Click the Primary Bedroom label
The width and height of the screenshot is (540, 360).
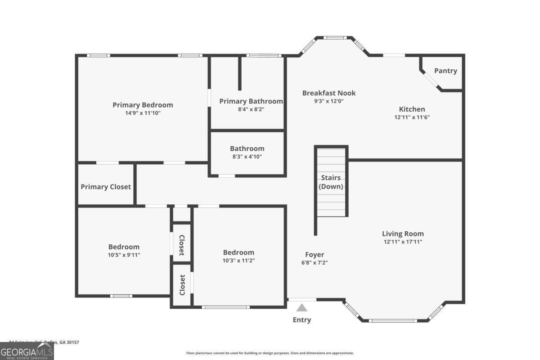143,105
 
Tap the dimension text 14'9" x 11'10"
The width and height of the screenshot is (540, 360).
143,113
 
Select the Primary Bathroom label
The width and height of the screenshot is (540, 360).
251,101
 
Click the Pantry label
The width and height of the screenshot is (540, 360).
445,71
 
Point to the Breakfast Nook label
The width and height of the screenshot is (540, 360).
329,93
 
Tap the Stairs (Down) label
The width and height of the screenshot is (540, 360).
331,182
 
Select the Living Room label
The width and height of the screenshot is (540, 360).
403,234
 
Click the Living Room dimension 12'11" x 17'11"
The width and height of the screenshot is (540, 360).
403,242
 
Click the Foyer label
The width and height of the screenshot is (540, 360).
315,254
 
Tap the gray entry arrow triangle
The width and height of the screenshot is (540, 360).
301,308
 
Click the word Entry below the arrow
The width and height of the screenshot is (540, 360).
301,320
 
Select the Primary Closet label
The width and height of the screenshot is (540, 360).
106,187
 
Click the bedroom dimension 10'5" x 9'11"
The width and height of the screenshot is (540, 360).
124,255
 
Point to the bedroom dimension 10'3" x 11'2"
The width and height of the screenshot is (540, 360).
238,261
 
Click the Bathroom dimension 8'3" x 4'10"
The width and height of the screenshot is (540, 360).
247,157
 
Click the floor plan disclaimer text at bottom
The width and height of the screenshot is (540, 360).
270,353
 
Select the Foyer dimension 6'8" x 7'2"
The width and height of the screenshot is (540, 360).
315,263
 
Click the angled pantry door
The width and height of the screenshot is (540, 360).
431,80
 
